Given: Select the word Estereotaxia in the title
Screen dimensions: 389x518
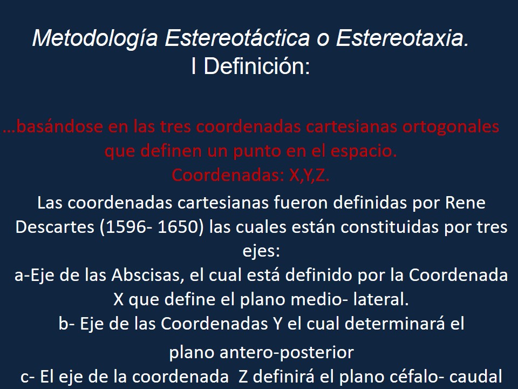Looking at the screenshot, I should tap(403, 39).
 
